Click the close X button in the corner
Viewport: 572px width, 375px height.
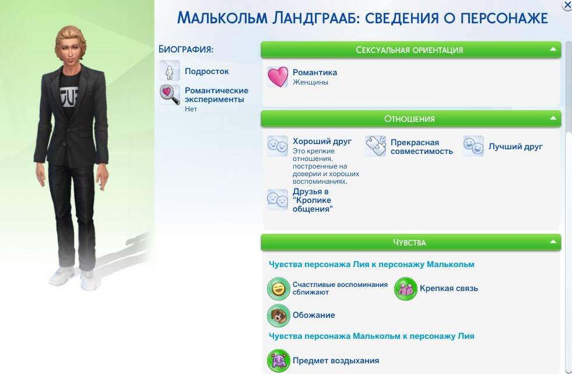pos(567,5)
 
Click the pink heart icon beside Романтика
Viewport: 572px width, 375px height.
pos(278,77)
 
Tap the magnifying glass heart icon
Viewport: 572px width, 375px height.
pos(170,94)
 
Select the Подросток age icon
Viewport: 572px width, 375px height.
pos(170,71)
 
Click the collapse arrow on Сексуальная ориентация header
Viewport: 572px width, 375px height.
pos(553,49)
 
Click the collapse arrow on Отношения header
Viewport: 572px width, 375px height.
pos(553,118)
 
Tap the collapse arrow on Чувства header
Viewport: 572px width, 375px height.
pos(553,241)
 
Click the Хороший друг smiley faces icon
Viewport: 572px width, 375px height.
pos(278,146)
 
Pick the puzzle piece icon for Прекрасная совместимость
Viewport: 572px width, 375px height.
pos(376,146)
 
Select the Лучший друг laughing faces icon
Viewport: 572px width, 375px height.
pos(473,146)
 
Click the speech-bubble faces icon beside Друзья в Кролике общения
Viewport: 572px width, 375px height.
pos(278,199)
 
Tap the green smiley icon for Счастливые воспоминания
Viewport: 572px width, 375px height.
pos(278,289)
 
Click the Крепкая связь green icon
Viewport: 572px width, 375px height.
pos(405,289)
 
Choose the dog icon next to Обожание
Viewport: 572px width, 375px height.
pos(278,316)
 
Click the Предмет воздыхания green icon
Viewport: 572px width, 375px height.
pos(278,361)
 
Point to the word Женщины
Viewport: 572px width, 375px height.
pos(310,82)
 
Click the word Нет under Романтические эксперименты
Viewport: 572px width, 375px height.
pos(191,108)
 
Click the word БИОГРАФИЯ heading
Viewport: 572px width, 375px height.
pos(186,49)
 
